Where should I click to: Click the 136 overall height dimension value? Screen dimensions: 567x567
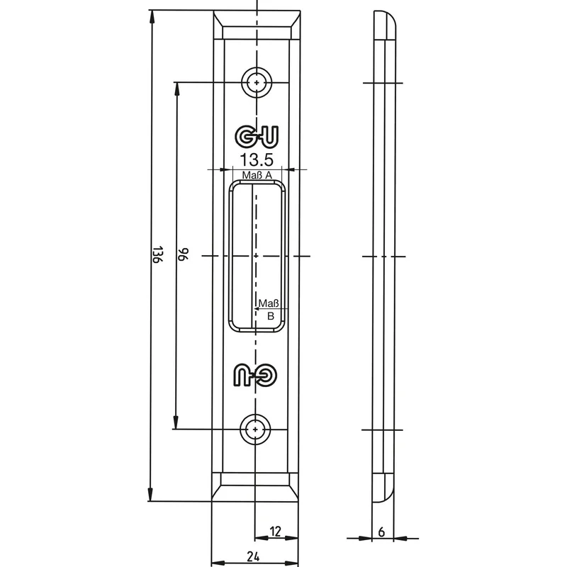(157, 255)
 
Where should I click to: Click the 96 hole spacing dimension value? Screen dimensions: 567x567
(184, 254)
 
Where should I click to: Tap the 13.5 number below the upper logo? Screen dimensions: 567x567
(257, 159)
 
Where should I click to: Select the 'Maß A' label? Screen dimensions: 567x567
(257, 175)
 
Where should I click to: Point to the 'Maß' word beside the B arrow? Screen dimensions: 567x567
(269, 303)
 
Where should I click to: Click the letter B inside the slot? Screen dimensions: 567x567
(271, 316)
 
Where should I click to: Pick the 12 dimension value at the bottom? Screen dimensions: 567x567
(275, 531)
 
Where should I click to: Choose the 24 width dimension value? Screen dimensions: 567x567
(253, 556)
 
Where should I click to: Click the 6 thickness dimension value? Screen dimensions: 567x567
(381, 532)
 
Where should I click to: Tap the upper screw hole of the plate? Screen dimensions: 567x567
(257, 82)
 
